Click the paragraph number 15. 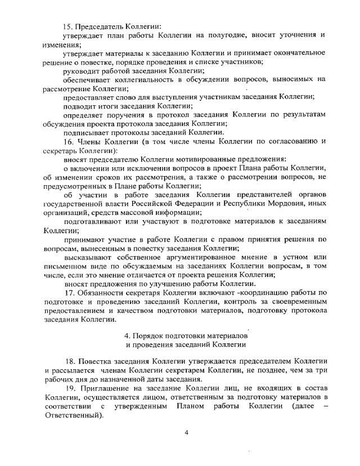click(x=69, y=26)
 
